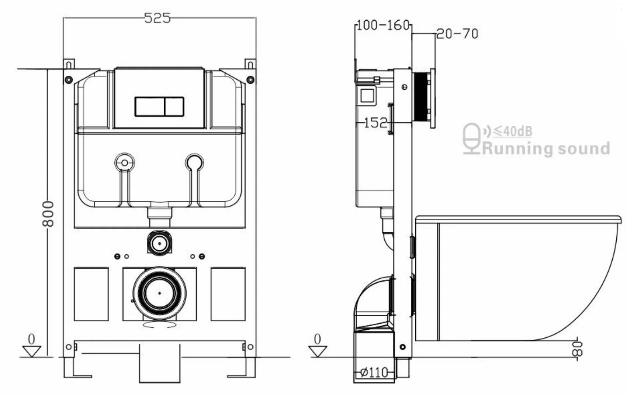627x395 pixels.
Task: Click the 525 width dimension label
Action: (x=157, y=18)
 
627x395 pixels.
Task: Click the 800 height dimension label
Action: (x=48, y=214)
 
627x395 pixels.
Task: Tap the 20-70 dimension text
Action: (x=457, y=34)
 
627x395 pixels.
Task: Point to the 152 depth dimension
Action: (x=375, y=123)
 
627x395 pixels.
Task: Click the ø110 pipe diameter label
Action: (x=374, y=372)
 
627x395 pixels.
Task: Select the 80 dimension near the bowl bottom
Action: (x=577, y=349)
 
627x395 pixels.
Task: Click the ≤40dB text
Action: (x=513, y=131)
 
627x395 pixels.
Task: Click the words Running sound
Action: (x=546, y=148)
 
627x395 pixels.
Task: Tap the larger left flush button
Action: (x=149, y=107)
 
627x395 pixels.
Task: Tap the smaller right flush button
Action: (x=174, y=107)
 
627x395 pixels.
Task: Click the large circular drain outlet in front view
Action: (x=159, y=293)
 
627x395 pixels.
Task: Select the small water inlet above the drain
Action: (x=159, y=243)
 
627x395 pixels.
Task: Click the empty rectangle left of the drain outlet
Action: (x=91, y=294)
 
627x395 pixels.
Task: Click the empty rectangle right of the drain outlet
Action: (x=228, y=294)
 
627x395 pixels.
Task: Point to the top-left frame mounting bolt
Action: (x=68, y=80)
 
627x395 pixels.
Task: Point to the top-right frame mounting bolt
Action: (x=250, y=80)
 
